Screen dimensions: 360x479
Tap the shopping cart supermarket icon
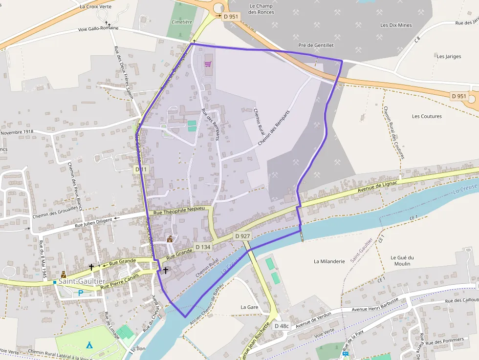208,64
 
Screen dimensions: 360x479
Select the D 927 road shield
242,236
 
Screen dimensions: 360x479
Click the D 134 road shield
203,247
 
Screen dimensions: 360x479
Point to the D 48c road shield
282,326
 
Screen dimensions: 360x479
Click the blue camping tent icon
89,345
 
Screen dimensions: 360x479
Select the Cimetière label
182,22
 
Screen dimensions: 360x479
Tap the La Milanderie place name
329,261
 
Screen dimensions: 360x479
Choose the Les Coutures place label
427,116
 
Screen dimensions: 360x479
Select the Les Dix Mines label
396,25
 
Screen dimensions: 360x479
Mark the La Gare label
249,307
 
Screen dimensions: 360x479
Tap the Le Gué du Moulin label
402,260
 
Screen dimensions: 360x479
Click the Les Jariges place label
449,56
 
